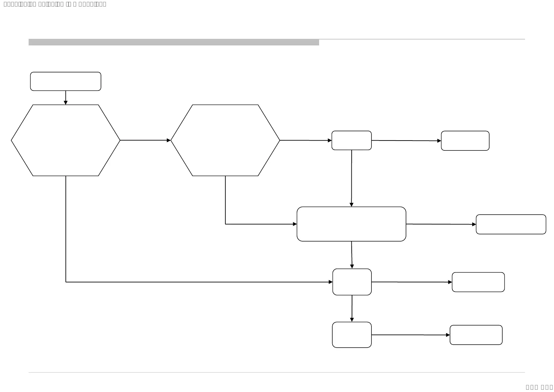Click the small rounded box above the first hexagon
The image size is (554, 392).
65,81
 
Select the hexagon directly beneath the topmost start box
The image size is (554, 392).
65,140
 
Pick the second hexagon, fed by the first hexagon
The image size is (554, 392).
225,140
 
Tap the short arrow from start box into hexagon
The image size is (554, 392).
65,97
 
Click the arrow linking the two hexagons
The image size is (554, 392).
145,140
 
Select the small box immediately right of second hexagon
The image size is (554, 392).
351,141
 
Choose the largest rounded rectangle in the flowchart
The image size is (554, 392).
351,224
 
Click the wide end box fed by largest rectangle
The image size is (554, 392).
511,224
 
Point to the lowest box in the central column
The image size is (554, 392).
352,335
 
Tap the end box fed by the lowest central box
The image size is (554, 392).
476,335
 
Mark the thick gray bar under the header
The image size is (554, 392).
174,42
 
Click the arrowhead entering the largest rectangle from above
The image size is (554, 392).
351,204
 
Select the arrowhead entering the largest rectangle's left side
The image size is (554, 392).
295,224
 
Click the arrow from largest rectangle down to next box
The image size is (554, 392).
352,255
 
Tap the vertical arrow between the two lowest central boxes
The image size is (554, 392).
352,308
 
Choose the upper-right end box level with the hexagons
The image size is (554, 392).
465,141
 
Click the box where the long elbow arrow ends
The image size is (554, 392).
352,282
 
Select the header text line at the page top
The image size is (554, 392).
55,4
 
